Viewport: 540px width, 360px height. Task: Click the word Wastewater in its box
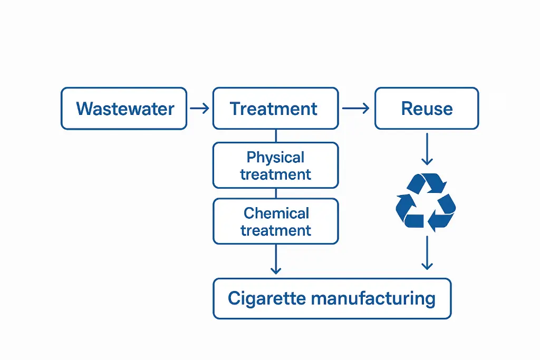click(x=125, y=109)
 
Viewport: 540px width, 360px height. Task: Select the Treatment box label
click(x=274, y=109)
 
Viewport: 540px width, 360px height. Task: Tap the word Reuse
click(x=427, y=109)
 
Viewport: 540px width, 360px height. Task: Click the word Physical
click(x=275, y=158)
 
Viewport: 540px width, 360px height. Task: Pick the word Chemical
click(x=276, y=213)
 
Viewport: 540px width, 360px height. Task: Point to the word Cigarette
click(x=267, y=299)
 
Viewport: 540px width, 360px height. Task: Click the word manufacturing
click(x=373, y=299)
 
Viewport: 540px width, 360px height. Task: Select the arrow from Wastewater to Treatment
click(x=199, y=109)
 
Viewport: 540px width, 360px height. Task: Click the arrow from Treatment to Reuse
click(x=355, y=109)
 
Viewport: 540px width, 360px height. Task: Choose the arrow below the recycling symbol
click(x=427, y=254)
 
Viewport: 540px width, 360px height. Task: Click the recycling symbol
click(x=426, y=202)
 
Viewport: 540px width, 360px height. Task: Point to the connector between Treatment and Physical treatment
click(x=275, y=136)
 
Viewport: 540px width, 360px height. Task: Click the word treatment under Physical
click(x=275, y=174)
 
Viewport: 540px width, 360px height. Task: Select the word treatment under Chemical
click(x=276, y=230)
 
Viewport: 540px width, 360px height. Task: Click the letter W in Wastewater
click(x=84, y=109)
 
